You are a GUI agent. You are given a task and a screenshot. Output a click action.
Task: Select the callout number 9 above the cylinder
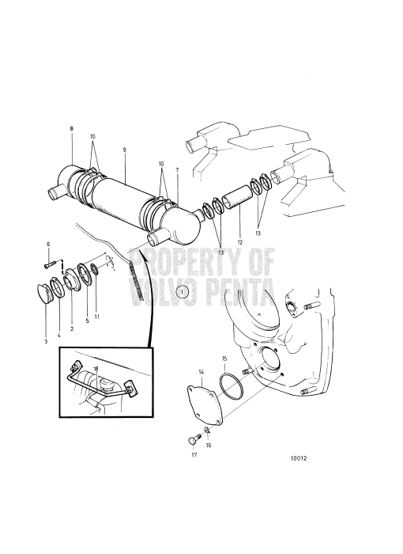(x=124, y=150)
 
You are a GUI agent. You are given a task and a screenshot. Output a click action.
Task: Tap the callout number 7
(x=177, y=170)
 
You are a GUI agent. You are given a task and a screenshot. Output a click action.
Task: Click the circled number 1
(x=182, y=292)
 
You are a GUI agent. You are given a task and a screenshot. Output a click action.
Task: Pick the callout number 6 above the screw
(x=47, y=244)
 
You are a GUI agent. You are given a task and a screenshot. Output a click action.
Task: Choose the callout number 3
(x=46, y=341)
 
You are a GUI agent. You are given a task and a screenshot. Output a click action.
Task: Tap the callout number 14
(x=201, y=371)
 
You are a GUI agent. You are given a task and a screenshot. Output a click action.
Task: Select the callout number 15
(x=224, y=359)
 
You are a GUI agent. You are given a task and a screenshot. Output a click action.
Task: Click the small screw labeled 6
(x=53, y=260)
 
